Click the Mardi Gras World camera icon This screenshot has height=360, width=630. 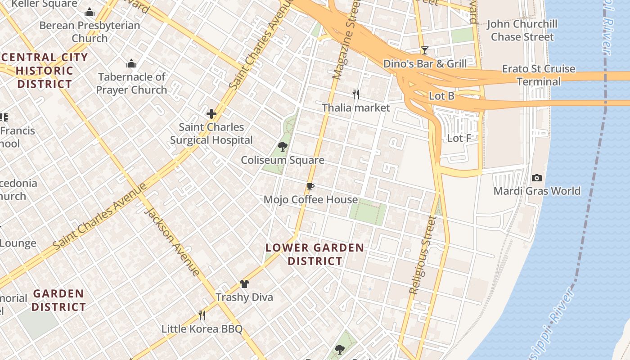coord(537,178)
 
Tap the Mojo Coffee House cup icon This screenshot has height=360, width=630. coord(310,187)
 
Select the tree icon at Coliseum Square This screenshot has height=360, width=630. coord(283,147)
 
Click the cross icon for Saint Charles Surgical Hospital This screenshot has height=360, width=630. coord(211,114)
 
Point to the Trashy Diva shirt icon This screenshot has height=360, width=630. coord(244,284)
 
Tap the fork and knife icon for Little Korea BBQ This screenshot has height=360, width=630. coord(202,315)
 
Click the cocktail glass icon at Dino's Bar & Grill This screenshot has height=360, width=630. coord(424,50)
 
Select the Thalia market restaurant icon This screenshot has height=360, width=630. coord(356,94)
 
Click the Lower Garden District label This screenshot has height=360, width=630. coord(315,254)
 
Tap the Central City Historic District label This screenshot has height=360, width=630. coord(45,71)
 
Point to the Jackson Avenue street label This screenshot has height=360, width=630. coord(172,242)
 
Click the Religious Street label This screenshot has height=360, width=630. coord(423,255)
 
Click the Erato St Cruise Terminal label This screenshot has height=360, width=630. coord(539,75)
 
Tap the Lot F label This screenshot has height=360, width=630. coord(459,138)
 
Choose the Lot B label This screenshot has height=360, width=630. coord(441,96)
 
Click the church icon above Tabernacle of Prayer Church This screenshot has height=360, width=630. coord(131,64)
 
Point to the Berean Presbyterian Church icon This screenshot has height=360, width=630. coord(90,13)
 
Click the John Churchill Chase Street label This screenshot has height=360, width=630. coord(522,30)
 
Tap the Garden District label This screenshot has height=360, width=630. coord(59,300)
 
